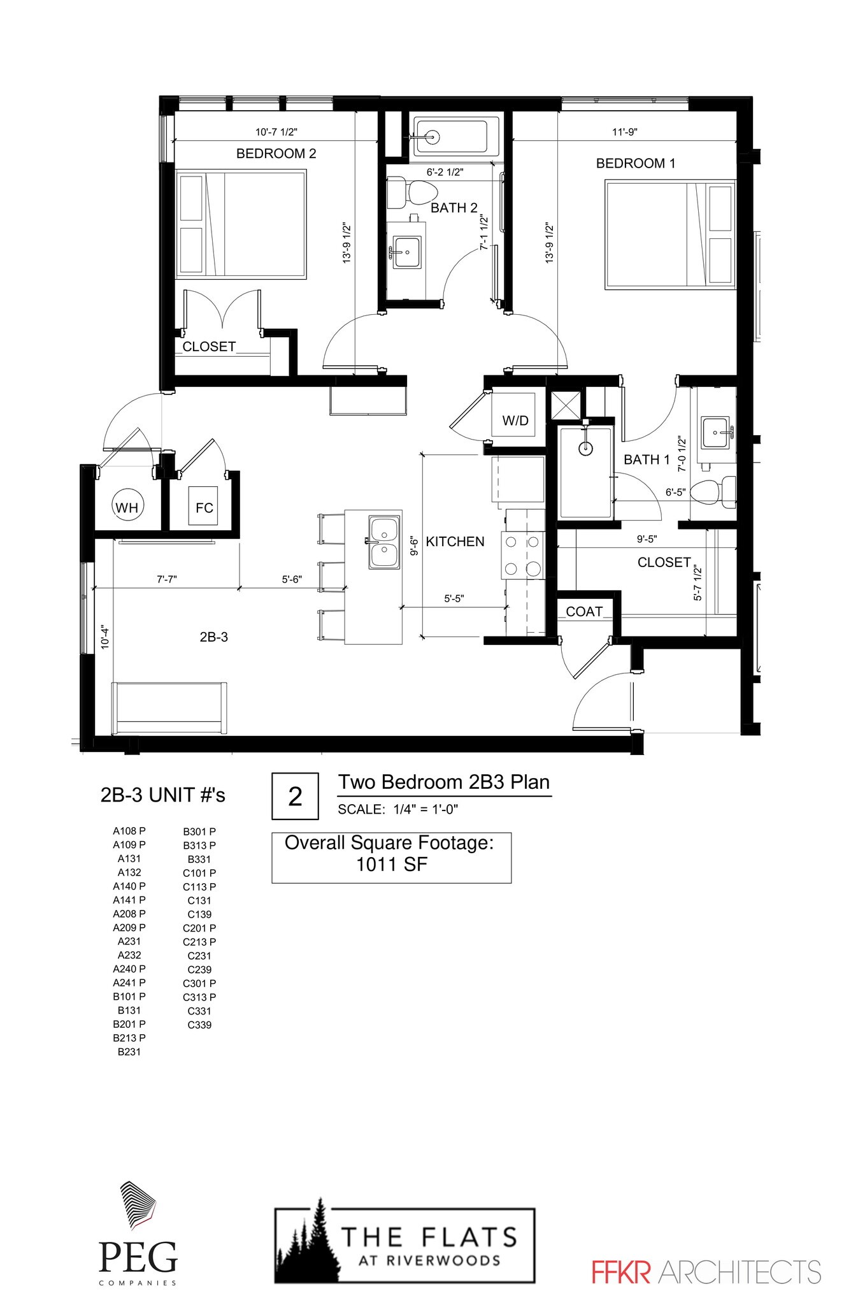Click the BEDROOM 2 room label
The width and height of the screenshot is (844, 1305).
276,154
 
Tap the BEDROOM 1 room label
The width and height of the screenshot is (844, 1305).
635,163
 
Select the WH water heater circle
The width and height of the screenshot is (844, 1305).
127,507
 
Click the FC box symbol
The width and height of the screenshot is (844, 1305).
204,507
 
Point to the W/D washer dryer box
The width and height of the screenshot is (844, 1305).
515,420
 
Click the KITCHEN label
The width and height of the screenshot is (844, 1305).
455,542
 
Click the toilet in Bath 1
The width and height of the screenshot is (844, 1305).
712,492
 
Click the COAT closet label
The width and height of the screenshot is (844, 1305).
583,612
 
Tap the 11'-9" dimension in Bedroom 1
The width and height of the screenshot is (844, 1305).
624,132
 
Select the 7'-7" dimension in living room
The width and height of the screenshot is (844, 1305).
166,579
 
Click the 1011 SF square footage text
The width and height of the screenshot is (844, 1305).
391,865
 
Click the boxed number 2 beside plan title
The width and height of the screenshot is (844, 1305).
295,796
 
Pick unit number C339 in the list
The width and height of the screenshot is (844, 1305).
199,1025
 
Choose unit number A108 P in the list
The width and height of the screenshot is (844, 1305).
129,831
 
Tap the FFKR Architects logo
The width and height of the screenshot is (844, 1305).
706,1272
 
